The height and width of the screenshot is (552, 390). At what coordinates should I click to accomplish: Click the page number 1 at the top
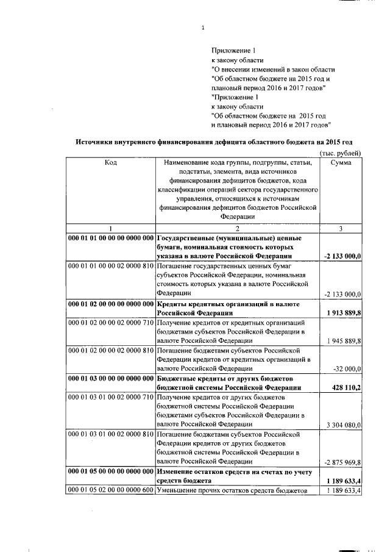tap(203, 27)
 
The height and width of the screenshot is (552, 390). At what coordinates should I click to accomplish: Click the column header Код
tap(111, 163)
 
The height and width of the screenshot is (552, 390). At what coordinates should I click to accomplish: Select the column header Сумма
tap(342, 163)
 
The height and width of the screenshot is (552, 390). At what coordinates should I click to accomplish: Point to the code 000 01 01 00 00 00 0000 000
tap(111, 238)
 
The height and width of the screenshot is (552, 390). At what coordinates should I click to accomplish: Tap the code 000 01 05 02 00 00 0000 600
tap(111, 490)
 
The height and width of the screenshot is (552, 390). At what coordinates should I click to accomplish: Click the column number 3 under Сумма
tap(342, 228)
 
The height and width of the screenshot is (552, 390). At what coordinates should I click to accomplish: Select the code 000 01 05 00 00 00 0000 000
tap(111, 472)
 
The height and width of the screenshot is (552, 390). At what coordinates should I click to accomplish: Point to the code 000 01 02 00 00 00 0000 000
tap(111, 304)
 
